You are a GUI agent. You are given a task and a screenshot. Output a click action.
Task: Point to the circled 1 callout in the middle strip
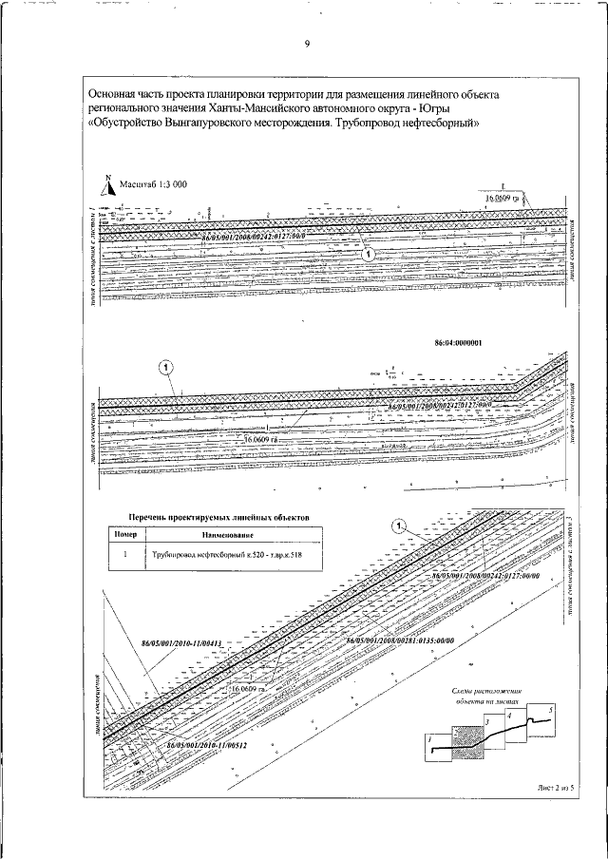pyautogui.click(x=165, y=366)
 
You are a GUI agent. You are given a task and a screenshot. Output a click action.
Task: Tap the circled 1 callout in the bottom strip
pyautogui.click(x=399, y=526)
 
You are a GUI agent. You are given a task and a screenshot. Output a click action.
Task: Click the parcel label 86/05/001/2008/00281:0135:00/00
pyautogui.click(x=402, y=641)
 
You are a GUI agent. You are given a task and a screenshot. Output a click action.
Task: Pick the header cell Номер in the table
pyautogui.click(x=126, y=535)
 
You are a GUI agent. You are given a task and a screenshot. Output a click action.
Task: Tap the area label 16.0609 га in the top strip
pyautogui.click(x=503, y=199)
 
